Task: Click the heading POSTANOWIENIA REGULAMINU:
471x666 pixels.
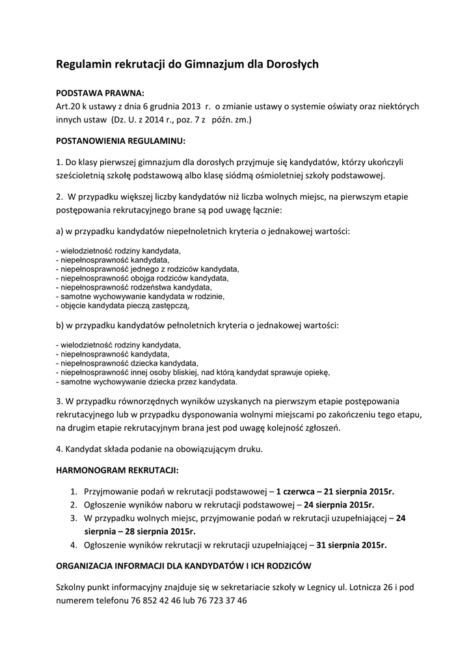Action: (x=121, y=140)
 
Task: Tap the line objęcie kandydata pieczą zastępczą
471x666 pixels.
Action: (x=123, y=305)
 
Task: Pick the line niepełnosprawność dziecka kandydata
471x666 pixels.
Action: (x=128, y=363)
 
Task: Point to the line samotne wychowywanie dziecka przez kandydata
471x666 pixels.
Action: (x=139, y=382)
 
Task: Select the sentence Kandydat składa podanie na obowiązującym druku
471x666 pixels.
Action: (x=160, y=449)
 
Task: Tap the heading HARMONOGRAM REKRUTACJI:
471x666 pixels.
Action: (x=117, y=470)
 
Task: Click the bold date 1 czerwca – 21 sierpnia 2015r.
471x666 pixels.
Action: (x=335, y=491)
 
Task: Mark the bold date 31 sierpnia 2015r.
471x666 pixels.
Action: (x=360, y=544)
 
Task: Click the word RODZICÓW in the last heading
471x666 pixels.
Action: (x=286, y=565)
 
